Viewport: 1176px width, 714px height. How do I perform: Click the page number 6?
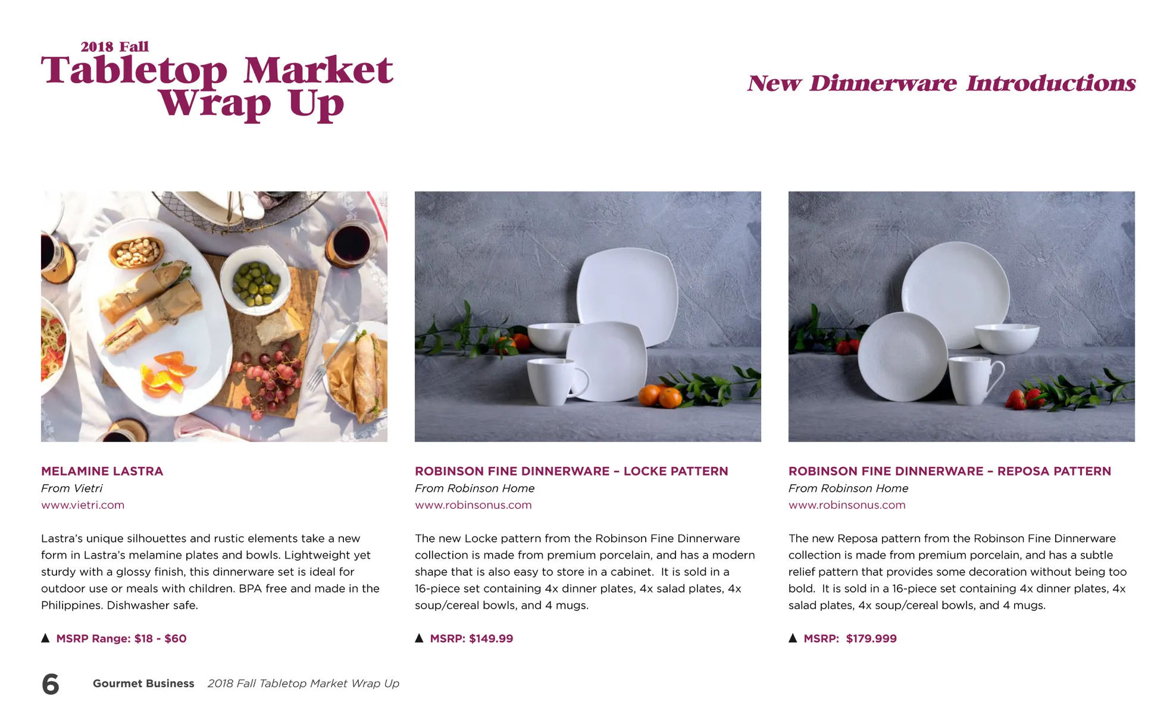pos(51,684)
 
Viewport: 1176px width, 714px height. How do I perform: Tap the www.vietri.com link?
pos(83,505)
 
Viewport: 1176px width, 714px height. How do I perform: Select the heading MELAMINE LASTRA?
pos(102,471)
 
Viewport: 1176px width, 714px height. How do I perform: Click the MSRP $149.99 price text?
pos(471,638)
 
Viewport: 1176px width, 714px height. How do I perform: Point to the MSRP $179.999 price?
pos(850,638)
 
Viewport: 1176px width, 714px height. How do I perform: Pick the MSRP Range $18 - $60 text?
pos(121,638)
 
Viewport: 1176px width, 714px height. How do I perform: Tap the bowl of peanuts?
pos(136,252)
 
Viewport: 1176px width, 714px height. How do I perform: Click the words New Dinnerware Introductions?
pos(942,83)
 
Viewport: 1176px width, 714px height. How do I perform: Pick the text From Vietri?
pos(71,488)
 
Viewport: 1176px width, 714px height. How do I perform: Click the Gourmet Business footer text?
pos(143,684)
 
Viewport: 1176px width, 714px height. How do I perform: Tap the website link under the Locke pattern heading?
pos(473,505)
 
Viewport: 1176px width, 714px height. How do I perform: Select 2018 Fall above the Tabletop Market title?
pos(114,46)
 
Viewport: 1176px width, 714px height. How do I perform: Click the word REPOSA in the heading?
pos(1026,471)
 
